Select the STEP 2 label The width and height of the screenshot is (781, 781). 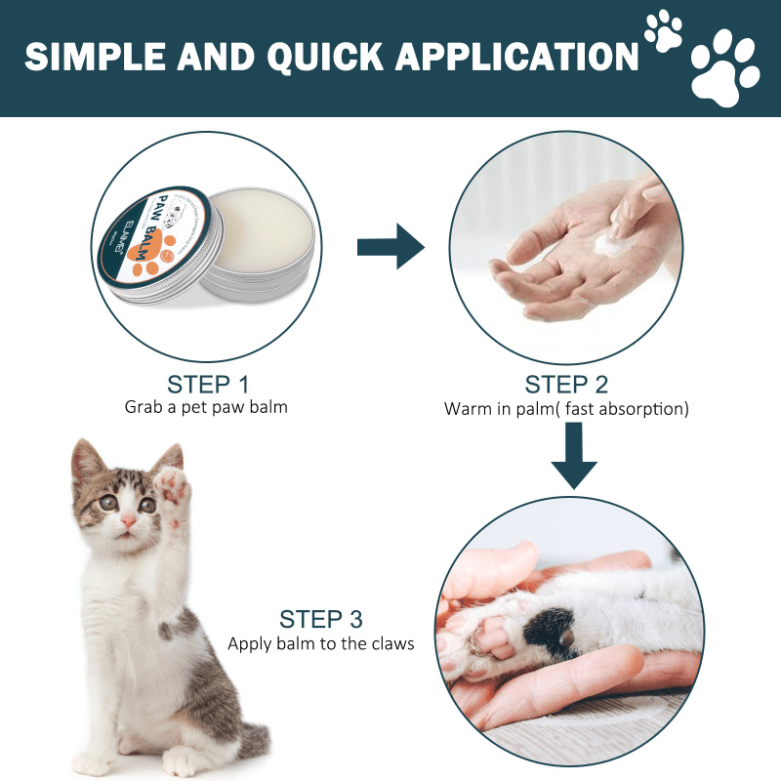pos(566,384)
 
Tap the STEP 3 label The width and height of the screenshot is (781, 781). pos(321,619)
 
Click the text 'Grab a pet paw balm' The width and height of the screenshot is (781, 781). pos(206,407)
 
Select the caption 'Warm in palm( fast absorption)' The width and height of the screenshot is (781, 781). pos(566,409)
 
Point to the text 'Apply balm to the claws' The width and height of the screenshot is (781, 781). pos(321,643)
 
